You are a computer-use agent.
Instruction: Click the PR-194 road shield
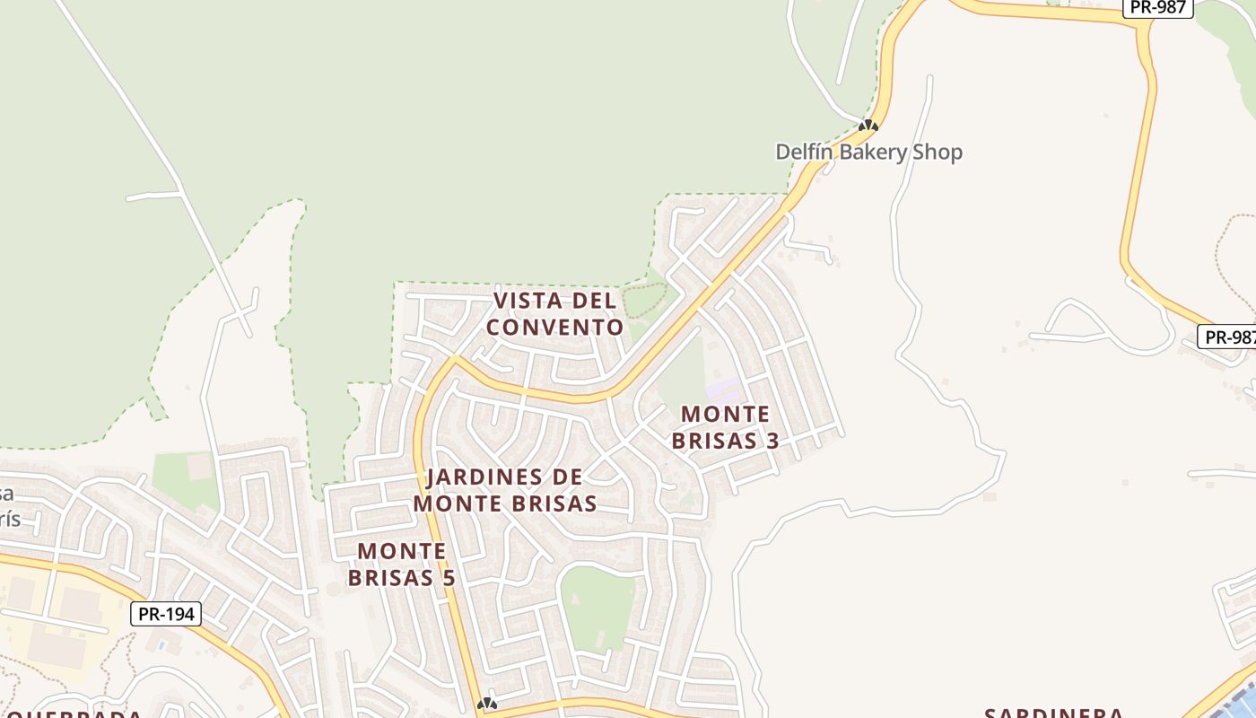[166, 614]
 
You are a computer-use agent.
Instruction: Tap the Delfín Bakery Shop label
[868, 152]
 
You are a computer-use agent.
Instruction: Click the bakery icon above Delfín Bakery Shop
[868, 126]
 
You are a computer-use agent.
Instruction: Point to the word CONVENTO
[554, 327]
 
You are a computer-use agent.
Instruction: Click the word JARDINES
[484, 477]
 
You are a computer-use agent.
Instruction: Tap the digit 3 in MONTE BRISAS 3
[772, 441]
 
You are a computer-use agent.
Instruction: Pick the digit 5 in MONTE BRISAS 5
[448, 577]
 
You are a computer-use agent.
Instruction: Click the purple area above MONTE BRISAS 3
[724, 390]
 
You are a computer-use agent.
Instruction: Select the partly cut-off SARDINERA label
[1053, 713]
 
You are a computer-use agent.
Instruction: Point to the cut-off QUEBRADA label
[72, 714]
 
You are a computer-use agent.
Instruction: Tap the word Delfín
[804, 152]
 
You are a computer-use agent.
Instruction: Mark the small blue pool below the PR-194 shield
[161, 644]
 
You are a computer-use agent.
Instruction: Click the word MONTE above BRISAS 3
[725, 415]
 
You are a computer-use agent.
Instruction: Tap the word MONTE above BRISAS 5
[402, 550]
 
